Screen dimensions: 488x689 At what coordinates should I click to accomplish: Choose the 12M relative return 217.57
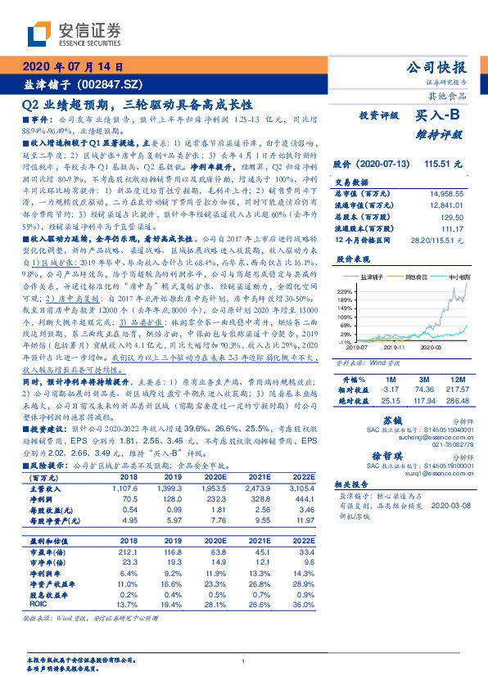pyautogui.click(x=458, y=390)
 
